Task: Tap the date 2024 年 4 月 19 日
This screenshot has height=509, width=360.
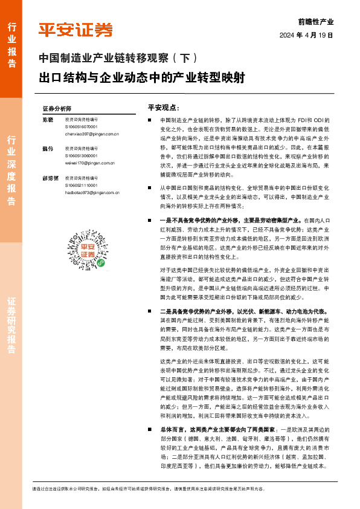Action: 306,36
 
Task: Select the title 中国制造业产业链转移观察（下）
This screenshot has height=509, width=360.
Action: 118,59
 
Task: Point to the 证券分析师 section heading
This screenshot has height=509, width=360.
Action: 57,108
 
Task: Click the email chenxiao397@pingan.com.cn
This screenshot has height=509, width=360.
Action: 91,134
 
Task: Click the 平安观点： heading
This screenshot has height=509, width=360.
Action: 162,107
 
